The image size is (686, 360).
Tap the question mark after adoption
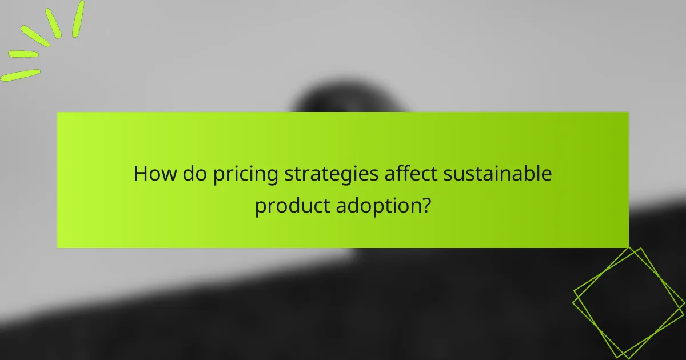click(426, 205)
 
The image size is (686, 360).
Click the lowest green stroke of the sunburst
click(21, 75)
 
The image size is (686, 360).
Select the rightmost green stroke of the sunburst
click(78, 19)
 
